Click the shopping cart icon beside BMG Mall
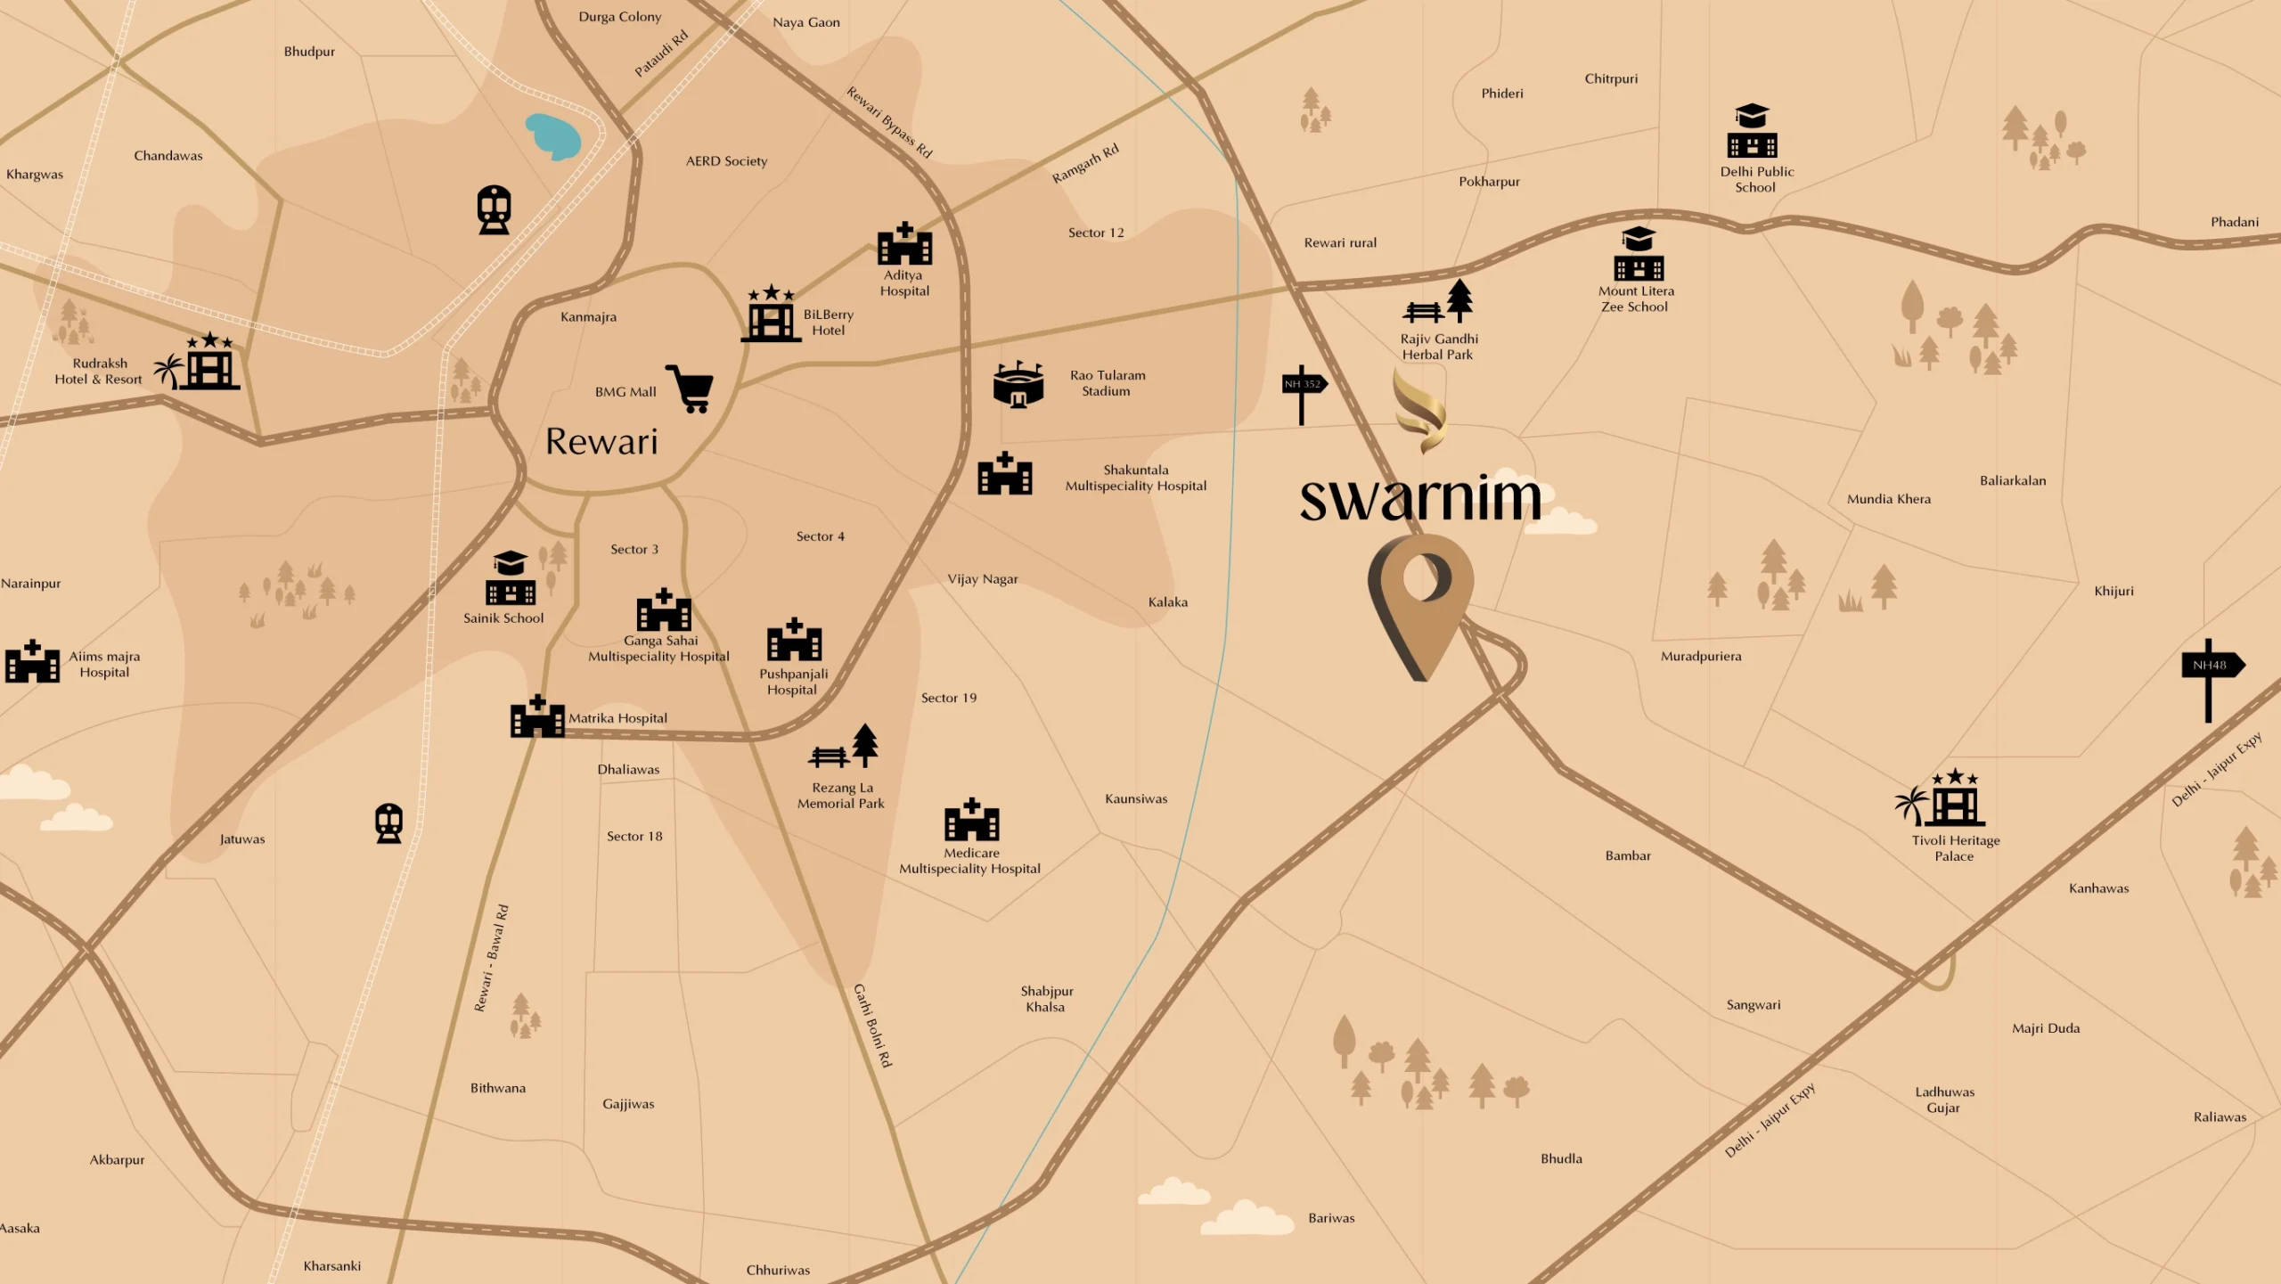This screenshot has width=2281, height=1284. tap(691, 388)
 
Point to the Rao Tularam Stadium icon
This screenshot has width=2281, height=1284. tap(1018, 385)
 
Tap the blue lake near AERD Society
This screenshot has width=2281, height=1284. tap(553, 136)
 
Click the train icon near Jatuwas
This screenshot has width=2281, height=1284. tap(388, 822)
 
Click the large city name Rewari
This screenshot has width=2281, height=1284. tap(601, 442)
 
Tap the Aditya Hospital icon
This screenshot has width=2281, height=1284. tap(904, 244)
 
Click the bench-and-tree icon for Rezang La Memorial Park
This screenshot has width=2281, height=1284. tap(844, 748)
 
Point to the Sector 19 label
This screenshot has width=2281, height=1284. tap(949, 698)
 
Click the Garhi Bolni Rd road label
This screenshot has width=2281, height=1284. tap(872, 1026)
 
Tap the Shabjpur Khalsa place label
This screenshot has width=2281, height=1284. tap(1046, 999)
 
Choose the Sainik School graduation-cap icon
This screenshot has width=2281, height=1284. tap(511, 578)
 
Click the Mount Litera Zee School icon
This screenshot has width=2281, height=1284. tap(1638, 255)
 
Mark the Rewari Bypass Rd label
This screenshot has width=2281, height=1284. tap(889, 123)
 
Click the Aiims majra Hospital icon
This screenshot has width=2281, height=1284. tap(32, 662)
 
